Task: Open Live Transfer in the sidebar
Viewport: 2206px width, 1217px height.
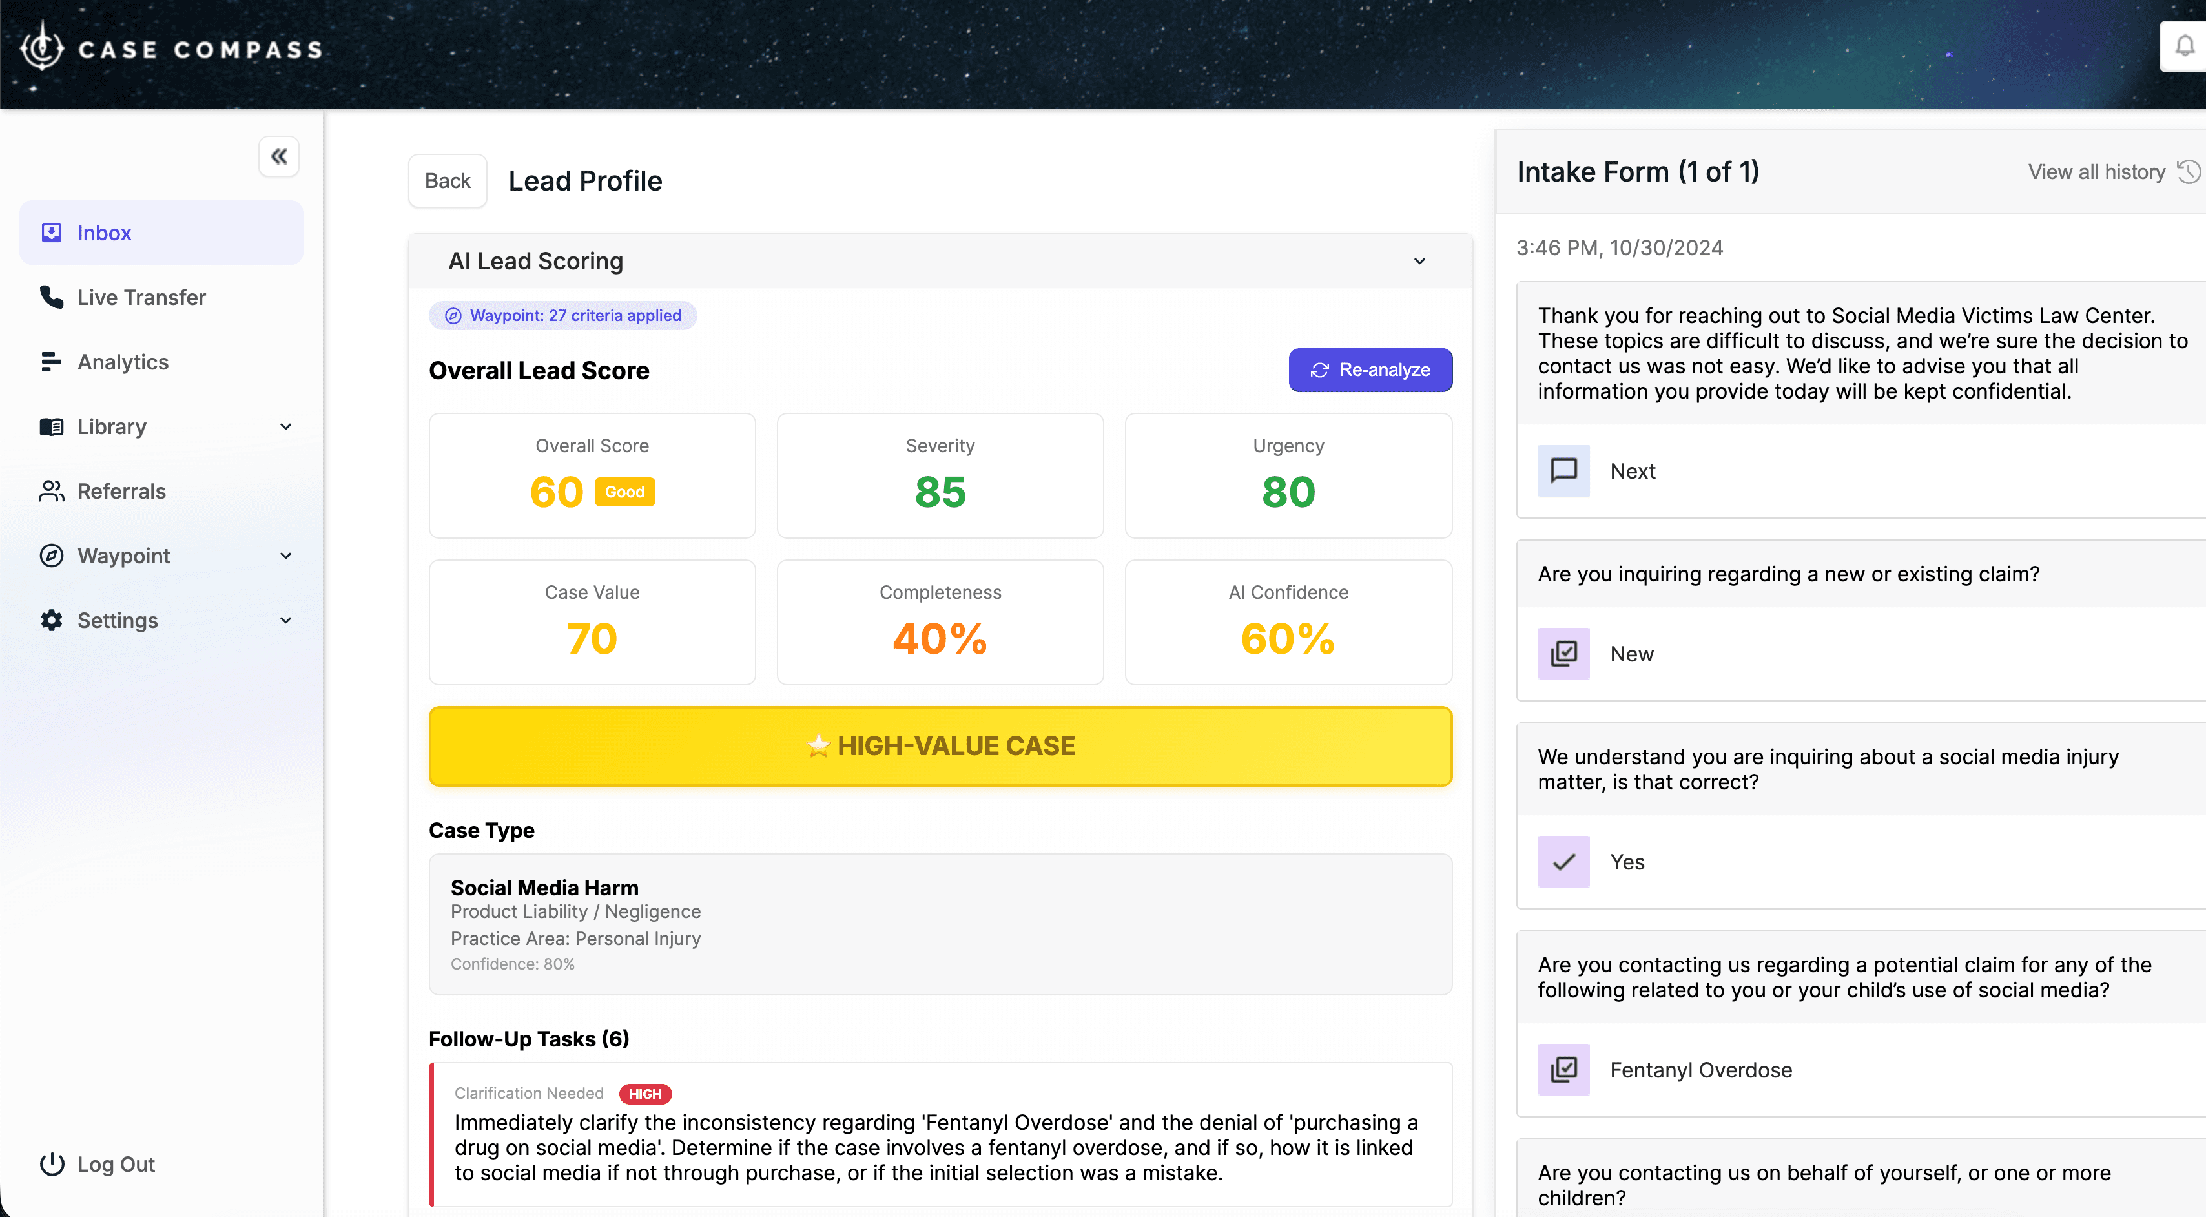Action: click(x=141, y=297)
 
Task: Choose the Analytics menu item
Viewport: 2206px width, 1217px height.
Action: click(x=123, y=362)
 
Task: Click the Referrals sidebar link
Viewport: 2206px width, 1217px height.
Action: click(x=121, y=492)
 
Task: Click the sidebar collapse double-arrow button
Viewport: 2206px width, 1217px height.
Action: click(x=278, y=157)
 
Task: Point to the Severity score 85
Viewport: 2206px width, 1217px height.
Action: click(x=940, y=492)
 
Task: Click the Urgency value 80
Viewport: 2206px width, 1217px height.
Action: click(x=1287, y=492)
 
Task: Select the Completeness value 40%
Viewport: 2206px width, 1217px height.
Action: click(x=940, y=639)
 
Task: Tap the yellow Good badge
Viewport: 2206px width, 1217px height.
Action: click(x=624, y=492)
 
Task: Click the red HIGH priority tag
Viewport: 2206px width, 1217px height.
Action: click(x=645, y=1094)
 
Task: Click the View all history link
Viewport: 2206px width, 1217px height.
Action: click(x=2096, y=172)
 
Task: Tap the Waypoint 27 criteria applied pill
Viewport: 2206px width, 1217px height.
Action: click(x=562, y=316)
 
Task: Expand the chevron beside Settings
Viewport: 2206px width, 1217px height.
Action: click(x=286, y=621)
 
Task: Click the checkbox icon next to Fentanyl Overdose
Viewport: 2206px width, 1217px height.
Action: click(x=1563, y=1070)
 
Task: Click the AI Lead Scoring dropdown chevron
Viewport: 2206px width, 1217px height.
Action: click(x=1419, y=261)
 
